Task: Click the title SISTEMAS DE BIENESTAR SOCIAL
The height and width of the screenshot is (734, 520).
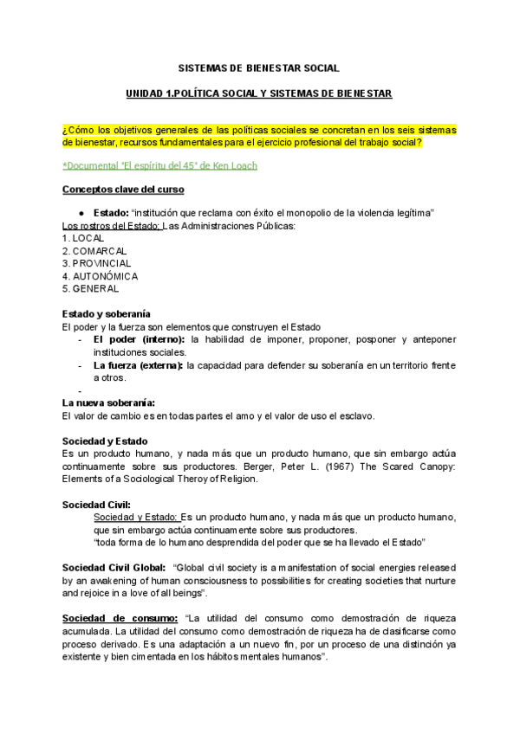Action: point(259,67)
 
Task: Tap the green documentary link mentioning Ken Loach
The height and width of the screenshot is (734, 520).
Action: point(159,165)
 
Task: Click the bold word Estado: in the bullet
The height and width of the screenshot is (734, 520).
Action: point(111,213)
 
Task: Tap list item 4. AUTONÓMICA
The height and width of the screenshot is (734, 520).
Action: point(101,276)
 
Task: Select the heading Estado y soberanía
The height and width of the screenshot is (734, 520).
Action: point(107,313)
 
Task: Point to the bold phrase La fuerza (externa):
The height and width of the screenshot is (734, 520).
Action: point(139,365)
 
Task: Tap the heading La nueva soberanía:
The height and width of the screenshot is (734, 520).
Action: point(109,402)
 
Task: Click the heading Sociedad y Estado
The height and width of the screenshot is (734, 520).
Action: point(105,441)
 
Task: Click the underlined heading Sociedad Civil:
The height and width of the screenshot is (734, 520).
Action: point(97,504)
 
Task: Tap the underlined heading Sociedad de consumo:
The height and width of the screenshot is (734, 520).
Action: point(120,619)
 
